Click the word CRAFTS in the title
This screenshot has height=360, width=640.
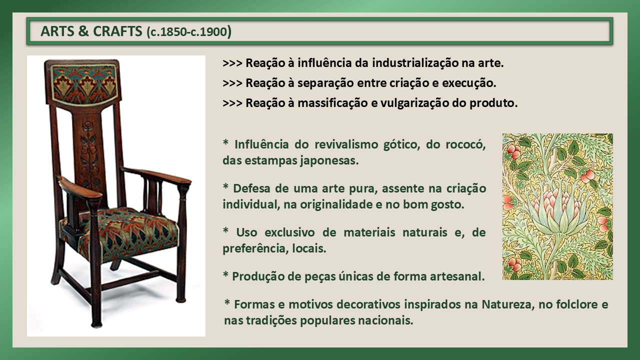[x=117, y=31]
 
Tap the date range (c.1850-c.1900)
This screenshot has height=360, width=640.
[x=189, y=31]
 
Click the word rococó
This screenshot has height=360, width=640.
[x=465, y=144]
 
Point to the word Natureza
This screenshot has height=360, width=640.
[x=507, y=304]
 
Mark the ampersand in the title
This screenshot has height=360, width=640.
[x=83, y=31]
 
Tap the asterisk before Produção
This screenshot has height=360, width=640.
[x=225, y=275]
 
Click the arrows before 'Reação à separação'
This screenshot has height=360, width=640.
[x=232, y=83]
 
